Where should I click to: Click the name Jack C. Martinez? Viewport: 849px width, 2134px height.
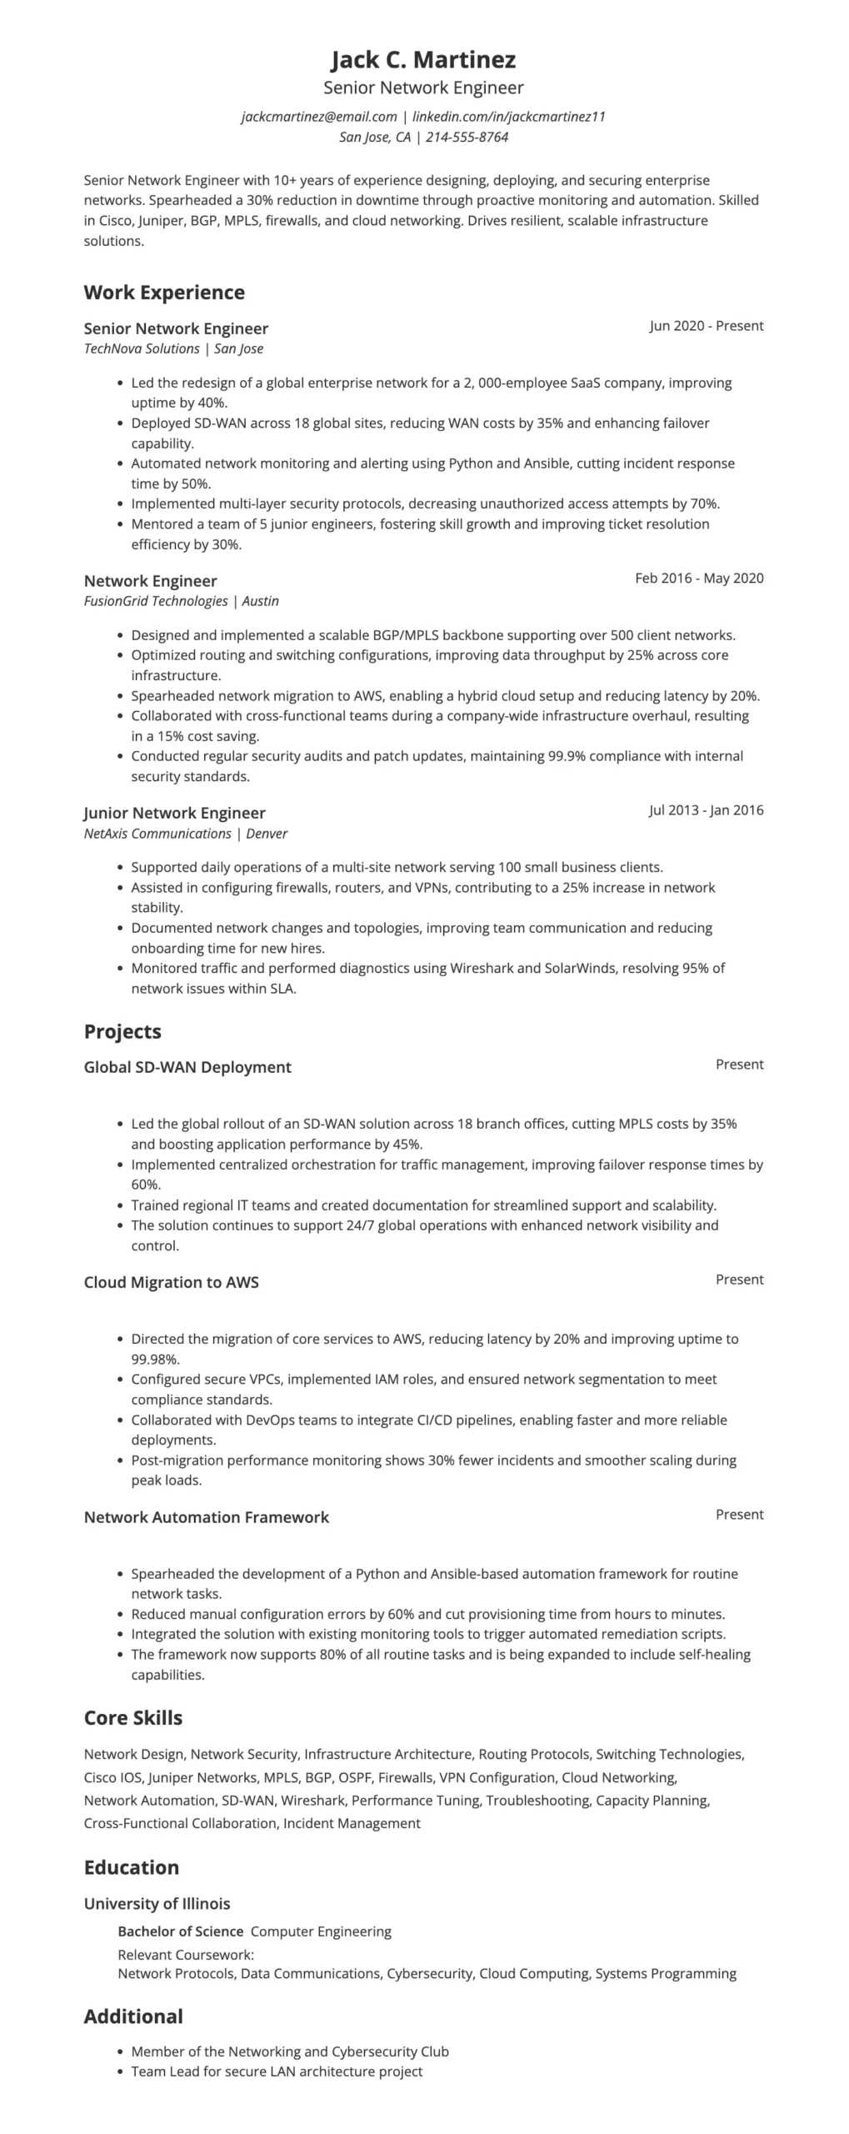[423, 59]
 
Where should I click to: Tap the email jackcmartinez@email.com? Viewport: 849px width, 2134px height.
[318, 117]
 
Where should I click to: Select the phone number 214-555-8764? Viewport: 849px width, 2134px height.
[467, 138]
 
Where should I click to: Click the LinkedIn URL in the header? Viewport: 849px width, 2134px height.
[508, 117]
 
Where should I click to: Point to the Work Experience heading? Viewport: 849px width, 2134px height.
[164, 293]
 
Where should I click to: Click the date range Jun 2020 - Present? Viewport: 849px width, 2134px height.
[706, 326]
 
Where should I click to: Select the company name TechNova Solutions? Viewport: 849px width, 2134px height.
[142, 349]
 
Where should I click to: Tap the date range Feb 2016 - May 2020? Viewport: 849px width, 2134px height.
[698, 579]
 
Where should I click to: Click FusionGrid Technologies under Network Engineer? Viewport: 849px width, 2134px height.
[155, 602]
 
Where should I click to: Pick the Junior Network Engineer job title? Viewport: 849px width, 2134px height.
[174, 813]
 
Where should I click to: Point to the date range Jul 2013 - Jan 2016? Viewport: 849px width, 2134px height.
[706, 810]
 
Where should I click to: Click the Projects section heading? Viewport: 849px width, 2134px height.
[122, 1032]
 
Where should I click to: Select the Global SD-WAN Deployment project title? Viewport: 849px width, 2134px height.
[187, 1068]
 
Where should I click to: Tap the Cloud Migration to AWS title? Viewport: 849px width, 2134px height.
[171, 1283]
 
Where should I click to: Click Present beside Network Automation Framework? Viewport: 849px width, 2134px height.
[739, 1515]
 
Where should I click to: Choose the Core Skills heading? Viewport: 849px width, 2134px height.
[132, 1718]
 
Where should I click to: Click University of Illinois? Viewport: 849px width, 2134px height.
[157, 1904]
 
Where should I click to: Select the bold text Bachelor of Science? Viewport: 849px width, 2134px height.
[180, 1931]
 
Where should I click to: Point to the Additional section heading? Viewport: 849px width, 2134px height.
[133, 2016]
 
